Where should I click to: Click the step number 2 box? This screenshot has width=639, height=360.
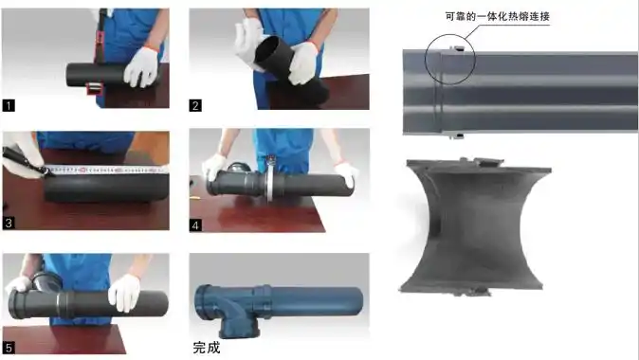click(x=195, y=106)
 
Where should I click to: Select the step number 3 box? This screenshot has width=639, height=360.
click(x=9, y=224)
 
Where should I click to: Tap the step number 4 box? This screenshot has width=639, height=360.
click(x=195, y=224)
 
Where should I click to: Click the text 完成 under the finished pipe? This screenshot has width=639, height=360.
click(x=206, y=348)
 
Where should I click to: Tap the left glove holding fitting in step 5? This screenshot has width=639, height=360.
click(x=19, y=284)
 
